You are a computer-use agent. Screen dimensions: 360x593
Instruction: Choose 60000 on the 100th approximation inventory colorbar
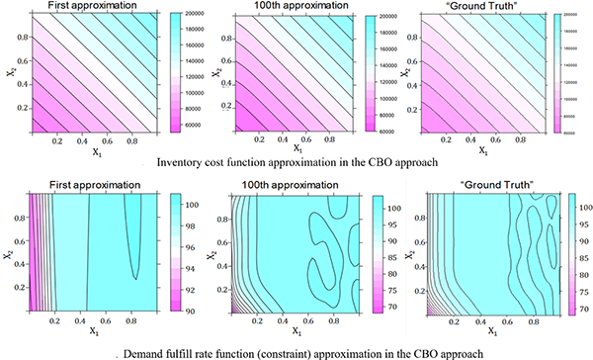point(385,130)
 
